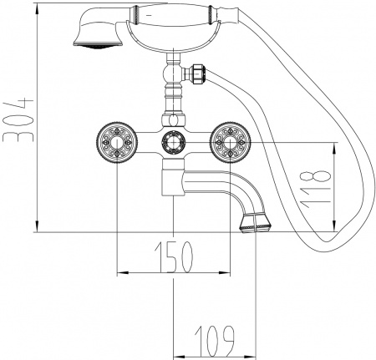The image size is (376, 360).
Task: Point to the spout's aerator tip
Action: [254, 224]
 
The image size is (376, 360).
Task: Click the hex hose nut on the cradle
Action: [200, 74]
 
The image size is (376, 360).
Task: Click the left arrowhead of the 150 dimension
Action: [118, 271]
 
